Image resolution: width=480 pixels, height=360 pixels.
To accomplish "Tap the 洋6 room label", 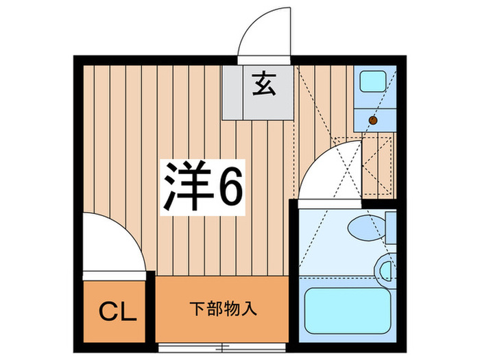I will coord(202,186).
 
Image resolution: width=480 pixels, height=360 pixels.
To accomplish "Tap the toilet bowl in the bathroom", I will coord(363,226).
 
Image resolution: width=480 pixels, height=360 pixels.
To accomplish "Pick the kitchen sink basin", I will coord(375,82).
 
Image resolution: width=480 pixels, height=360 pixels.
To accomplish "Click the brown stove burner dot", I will coord(374,120).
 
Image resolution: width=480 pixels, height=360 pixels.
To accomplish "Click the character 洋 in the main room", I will coord(185,186).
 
